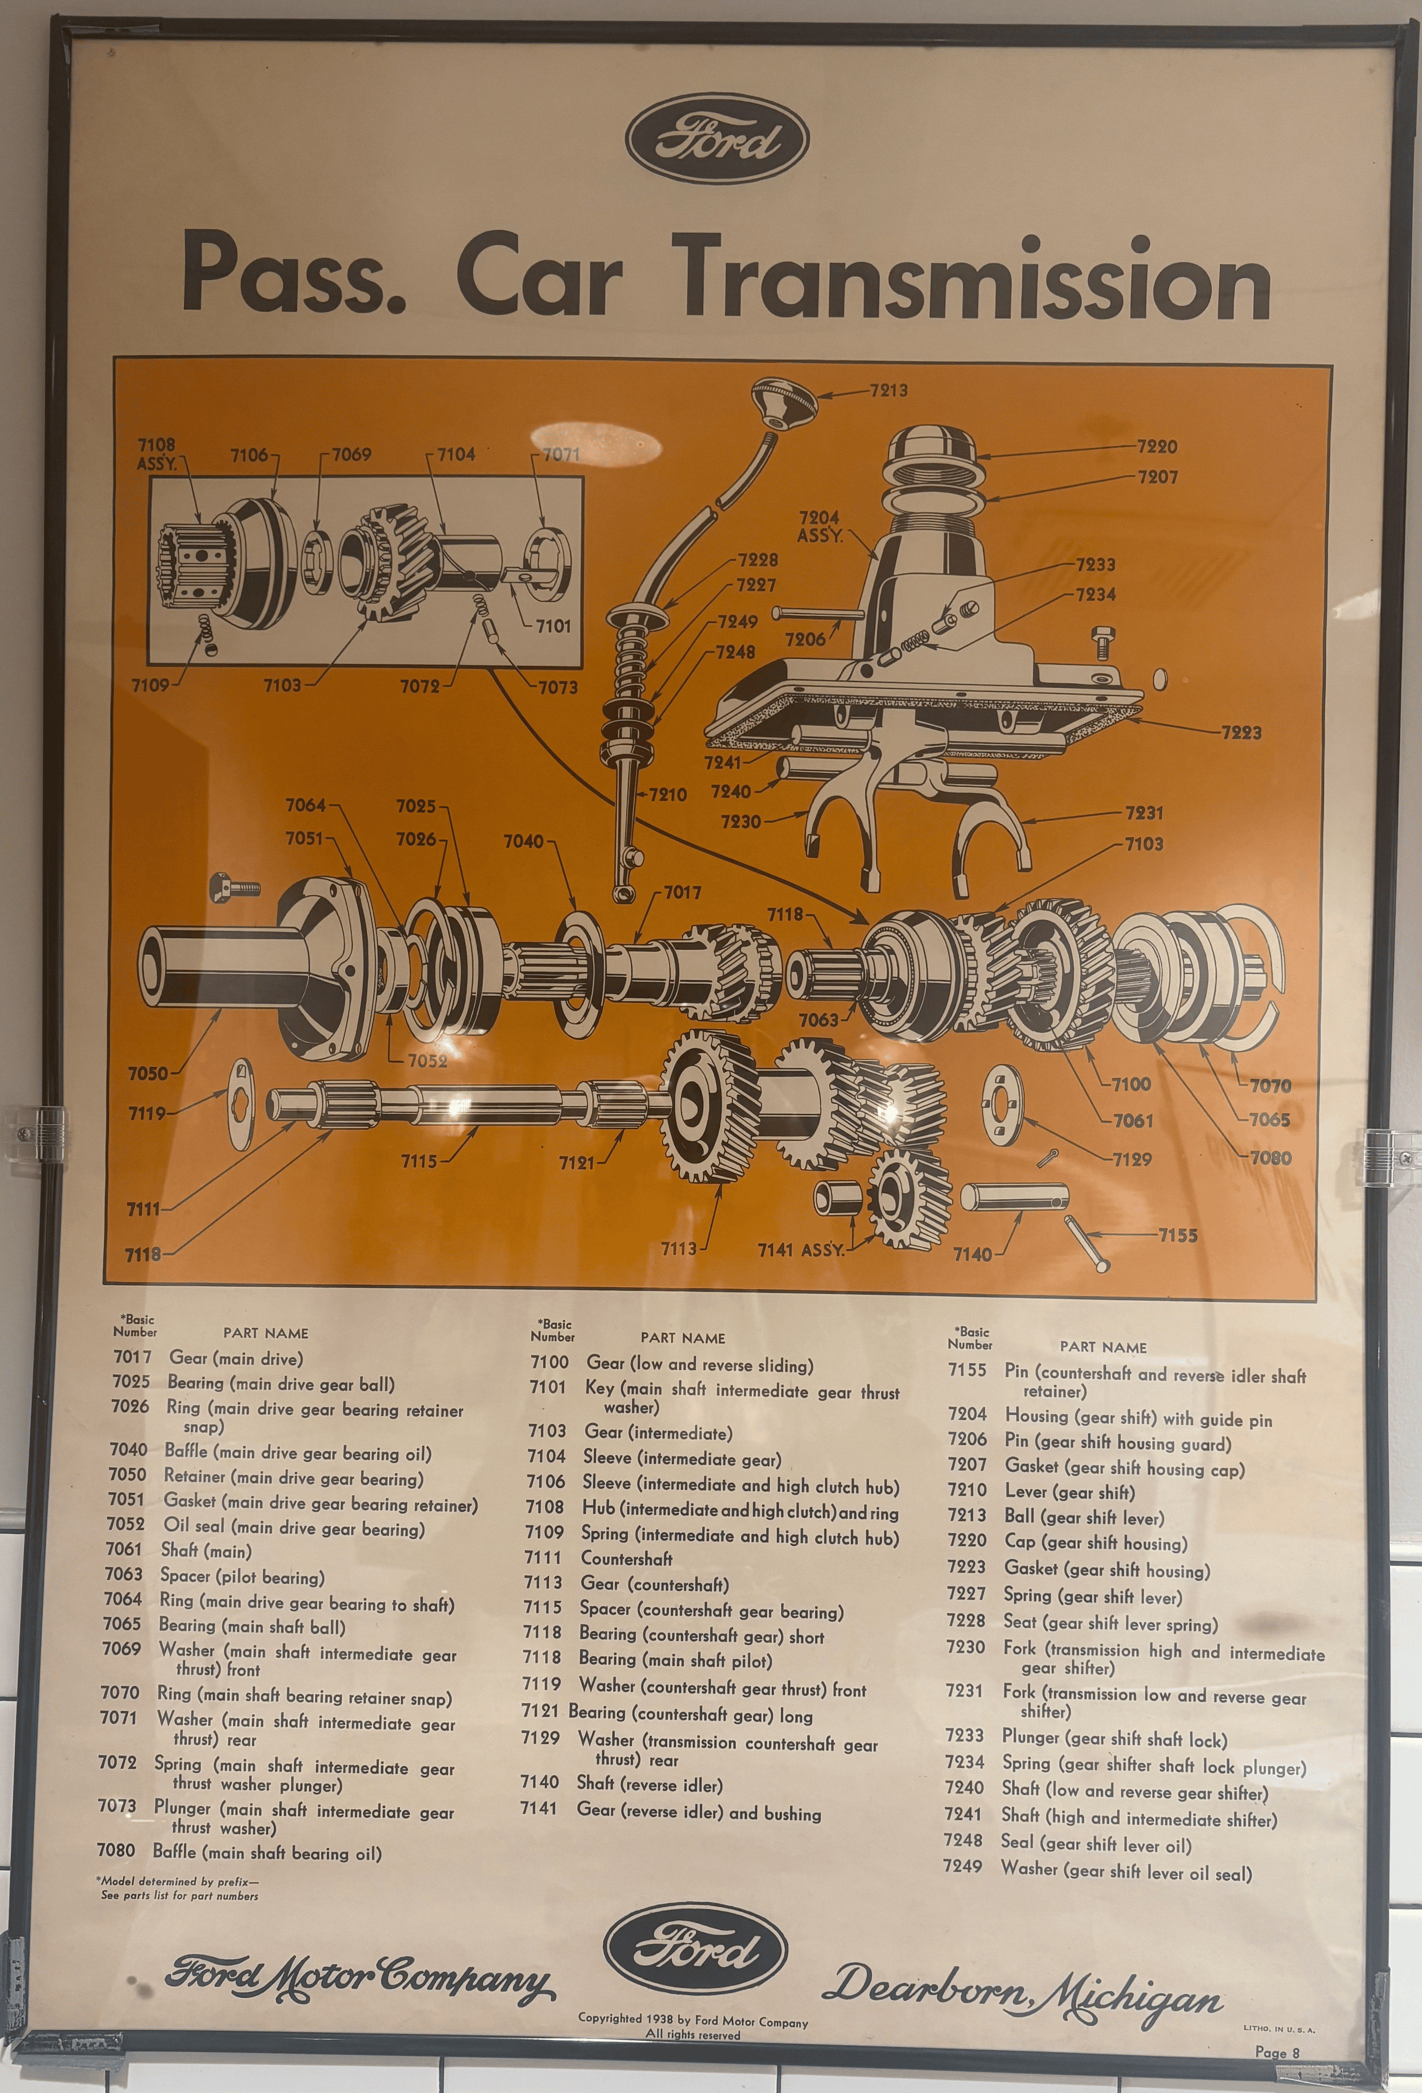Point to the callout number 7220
coord(1156,447)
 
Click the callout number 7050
coord(148,1073)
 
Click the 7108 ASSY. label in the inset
coord(157,454)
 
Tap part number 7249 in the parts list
coord(963,1866)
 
